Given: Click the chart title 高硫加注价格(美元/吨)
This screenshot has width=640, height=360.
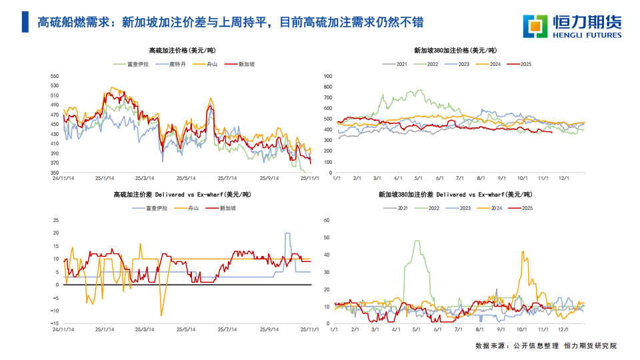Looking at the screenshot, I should coord(182,50).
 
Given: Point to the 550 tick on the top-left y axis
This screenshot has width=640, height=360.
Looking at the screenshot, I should coord(55,76).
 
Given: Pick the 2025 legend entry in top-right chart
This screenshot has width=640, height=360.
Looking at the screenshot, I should coord(525,64).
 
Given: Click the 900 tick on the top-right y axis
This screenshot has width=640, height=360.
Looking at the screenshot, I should coord(328,76).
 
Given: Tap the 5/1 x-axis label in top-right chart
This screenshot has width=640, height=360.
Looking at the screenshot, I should coord(419,178).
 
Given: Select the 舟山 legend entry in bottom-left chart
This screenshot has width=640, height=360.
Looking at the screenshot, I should coord(193,208).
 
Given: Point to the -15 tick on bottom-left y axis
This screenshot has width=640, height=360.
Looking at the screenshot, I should coord(56,323).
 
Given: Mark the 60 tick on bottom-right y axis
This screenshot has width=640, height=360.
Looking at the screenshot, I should coord(327,219).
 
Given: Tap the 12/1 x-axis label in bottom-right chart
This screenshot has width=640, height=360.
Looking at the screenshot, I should coord(563,329).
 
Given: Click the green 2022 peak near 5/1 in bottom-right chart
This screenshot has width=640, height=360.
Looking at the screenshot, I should coord(417,241).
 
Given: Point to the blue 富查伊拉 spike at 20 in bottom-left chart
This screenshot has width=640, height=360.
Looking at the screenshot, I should coord(287,233).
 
